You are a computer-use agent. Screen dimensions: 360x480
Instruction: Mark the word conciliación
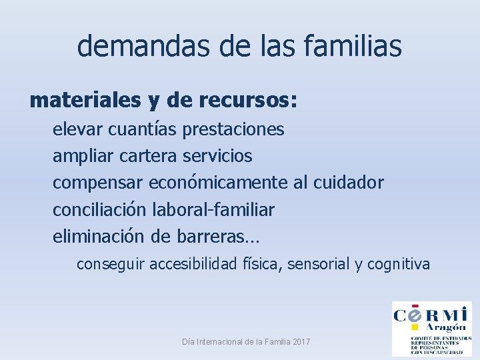tap(99, 209)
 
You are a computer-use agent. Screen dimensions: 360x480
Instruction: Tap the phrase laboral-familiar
tap(213, 209)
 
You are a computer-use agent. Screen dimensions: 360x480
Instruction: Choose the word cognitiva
tap(399, 264)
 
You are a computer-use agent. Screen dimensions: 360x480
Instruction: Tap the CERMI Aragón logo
tap(431, 329)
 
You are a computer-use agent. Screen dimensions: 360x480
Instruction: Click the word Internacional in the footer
tap(225, 342)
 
